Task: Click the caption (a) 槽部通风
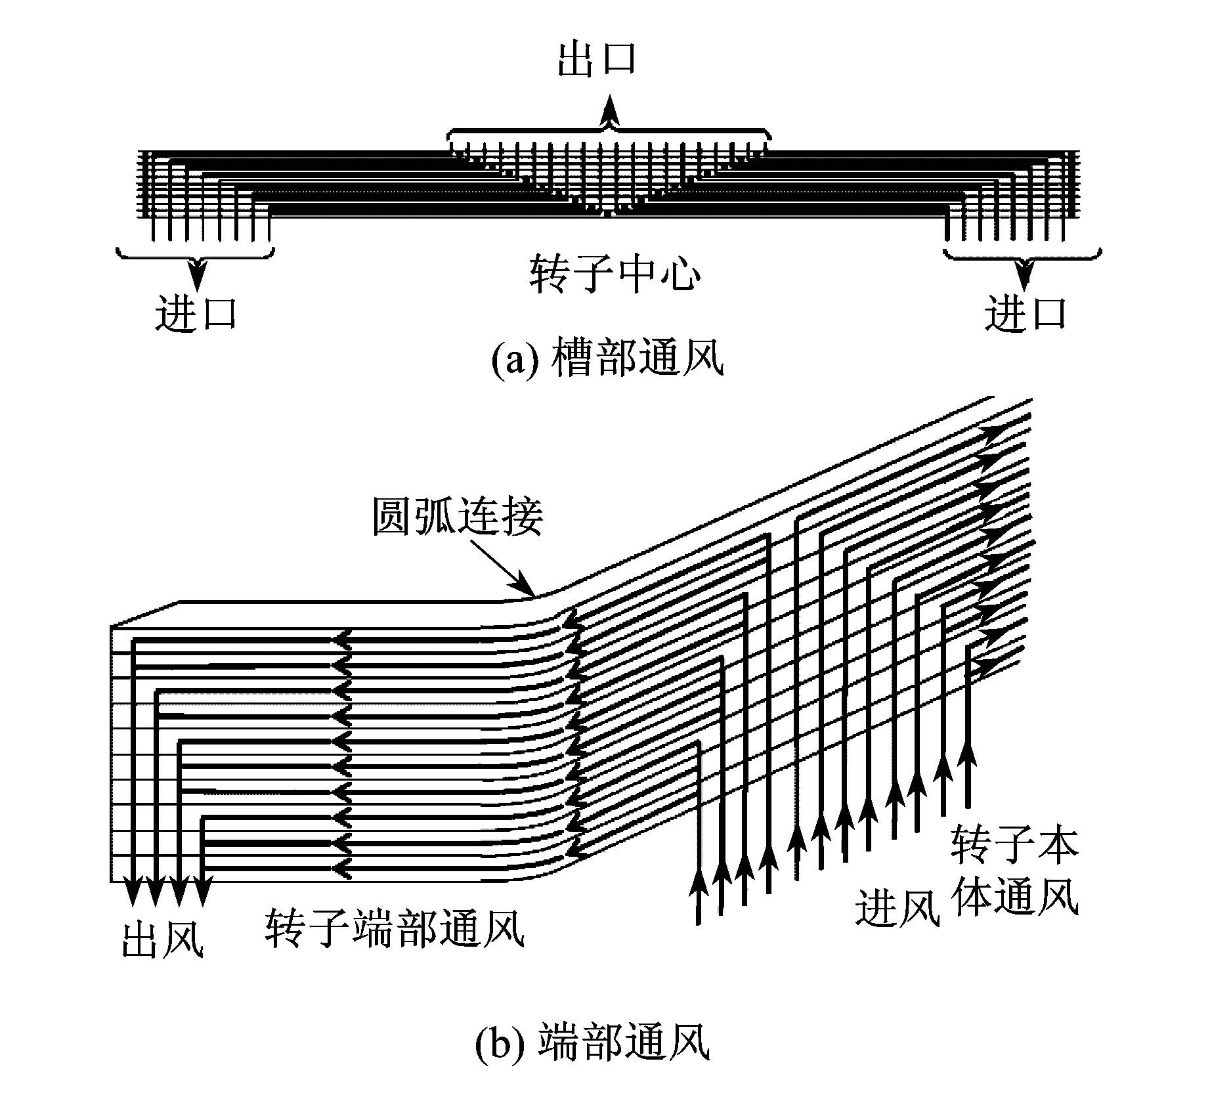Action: pyautogui.click(x=608, y=358)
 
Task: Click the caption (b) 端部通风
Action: pyautogui.click(x=592, y=1043)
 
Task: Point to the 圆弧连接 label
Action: pyautogui.click(x=458, y=516)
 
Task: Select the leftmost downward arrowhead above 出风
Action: pyautogui.click(x=133, y=890)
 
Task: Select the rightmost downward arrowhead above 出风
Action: pyautogui.click(x=204, y=890)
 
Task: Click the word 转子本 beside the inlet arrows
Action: pyautogui.click(x=1014, y=844)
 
